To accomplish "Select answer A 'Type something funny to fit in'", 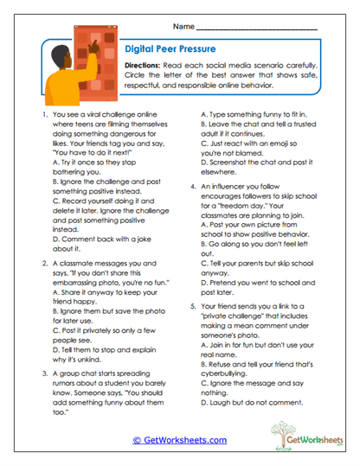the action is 259,113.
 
